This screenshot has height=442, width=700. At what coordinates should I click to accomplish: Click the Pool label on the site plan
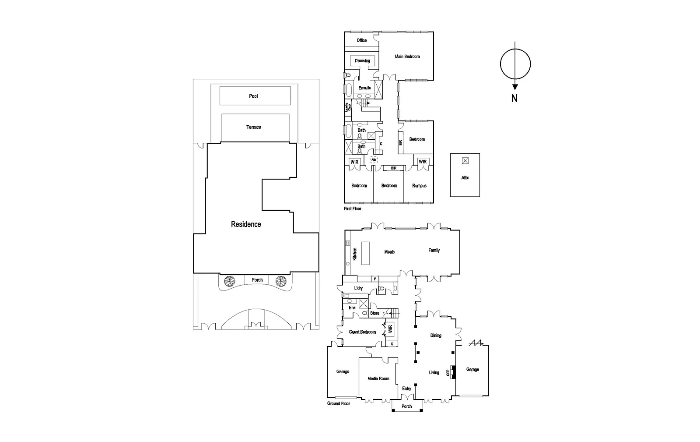click(253, 96)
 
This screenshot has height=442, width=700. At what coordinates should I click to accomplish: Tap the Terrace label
click(253, 127)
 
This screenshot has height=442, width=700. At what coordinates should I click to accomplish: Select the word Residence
click(246, 224)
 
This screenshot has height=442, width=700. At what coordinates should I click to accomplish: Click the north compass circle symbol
click(515, 64)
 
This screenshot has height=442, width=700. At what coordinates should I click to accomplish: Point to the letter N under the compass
click(514, 99)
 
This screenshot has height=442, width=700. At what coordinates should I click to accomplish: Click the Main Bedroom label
click(407, 57)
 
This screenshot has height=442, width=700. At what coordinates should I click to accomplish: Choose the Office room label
click(361, 40)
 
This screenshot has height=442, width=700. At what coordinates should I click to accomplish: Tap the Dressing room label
click(362, 61)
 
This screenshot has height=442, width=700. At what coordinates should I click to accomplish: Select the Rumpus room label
click(419, 186)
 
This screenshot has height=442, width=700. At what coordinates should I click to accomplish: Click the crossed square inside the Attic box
click(465, 160)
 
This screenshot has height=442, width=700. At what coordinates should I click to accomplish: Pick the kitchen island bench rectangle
click(364, 253)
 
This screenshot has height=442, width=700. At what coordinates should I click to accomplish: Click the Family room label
click(434, 251)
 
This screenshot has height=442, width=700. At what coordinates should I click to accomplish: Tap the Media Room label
click(378, 378)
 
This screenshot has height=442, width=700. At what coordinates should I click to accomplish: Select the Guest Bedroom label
click(362, 332)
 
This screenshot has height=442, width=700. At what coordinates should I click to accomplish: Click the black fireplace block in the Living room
click(454, 372)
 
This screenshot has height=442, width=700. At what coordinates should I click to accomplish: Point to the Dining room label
click(435, 336)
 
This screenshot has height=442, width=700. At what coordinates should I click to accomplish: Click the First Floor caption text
click(353, 209)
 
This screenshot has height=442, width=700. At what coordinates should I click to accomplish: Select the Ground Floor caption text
click(339, 403)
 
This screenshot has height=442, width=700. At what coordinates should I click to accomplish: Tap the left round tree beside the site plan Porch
click(229, 281)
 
